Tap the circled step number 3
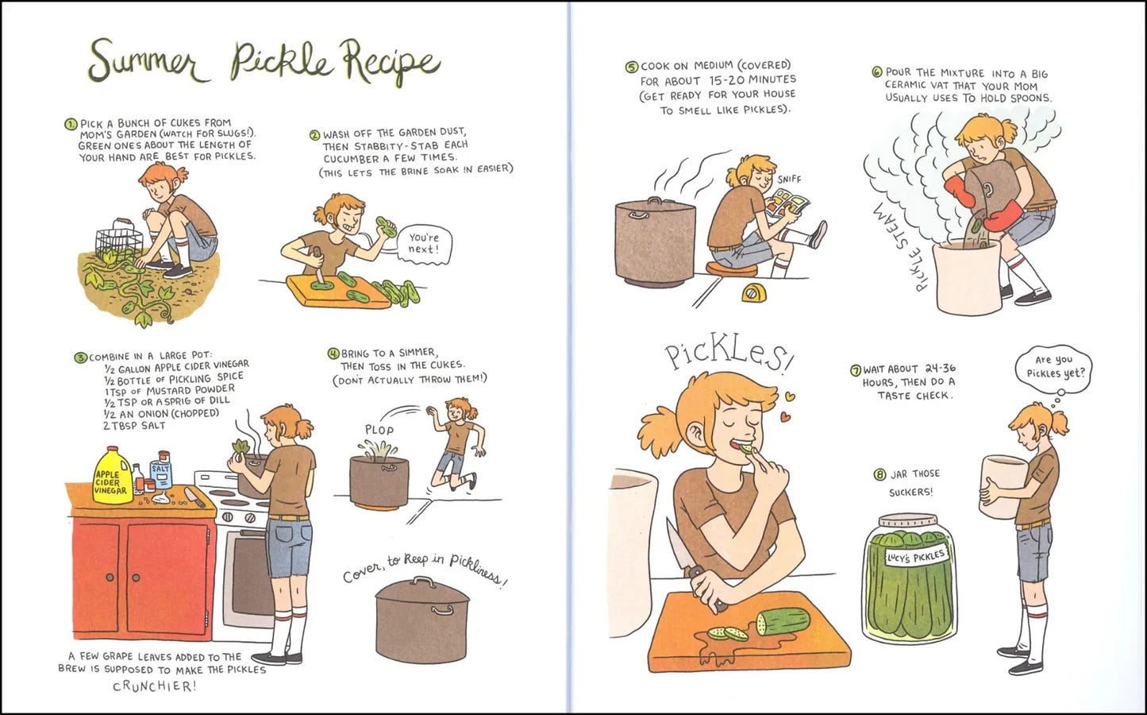81,357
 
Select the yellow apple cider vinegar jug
112,476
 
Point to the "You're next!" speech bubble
423,245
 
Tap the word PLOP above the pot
379,430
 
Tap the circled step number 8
879,474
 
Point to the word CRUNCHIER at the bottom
154,686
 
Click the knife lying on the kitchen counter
194,497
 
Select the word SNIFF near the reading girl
789,180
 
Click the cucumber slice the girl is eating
746,449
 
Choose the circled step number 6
876,72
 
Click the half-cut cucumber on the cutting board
783,621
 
